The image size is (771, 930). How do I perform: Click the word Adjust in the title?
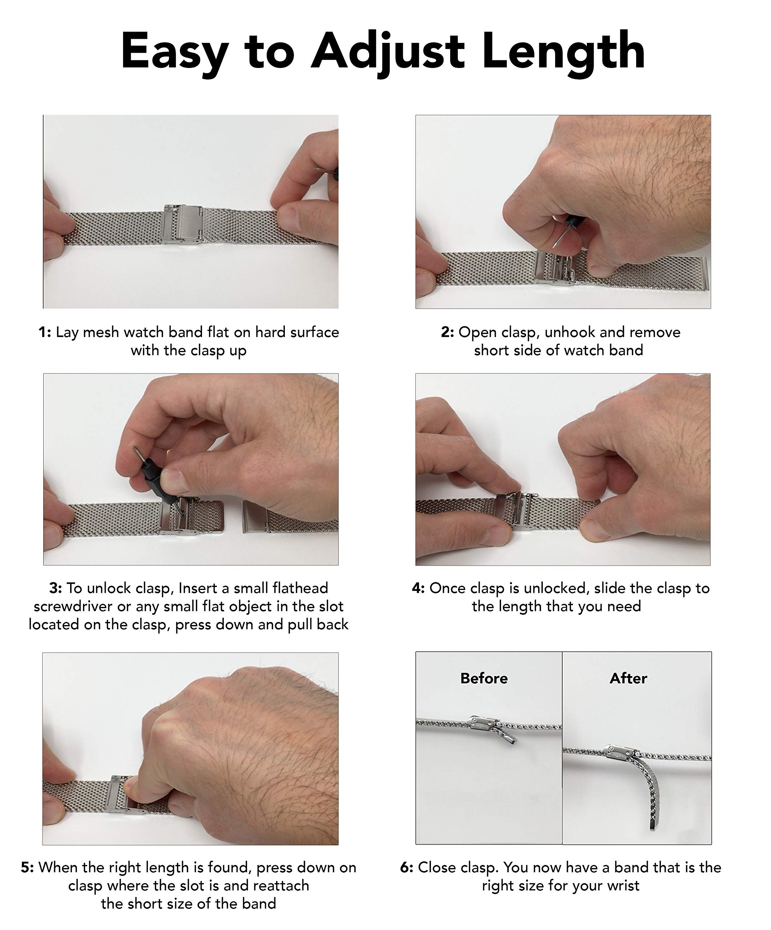point(387,52)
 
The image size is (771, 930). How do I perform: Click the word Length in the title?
point(563,52)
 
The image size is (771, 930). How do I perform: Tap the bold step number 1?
point(45,332)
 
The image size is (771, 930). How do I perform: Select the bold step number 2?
point(447,332)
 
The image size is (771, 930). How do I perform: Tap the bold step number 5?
point(28,867)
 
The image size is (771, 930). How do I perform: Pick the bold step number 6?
point(407,867)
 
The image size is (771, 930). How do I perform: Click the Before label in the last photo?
point(484,678)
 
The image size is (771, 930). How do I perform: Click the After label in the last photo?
point(628,678)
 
